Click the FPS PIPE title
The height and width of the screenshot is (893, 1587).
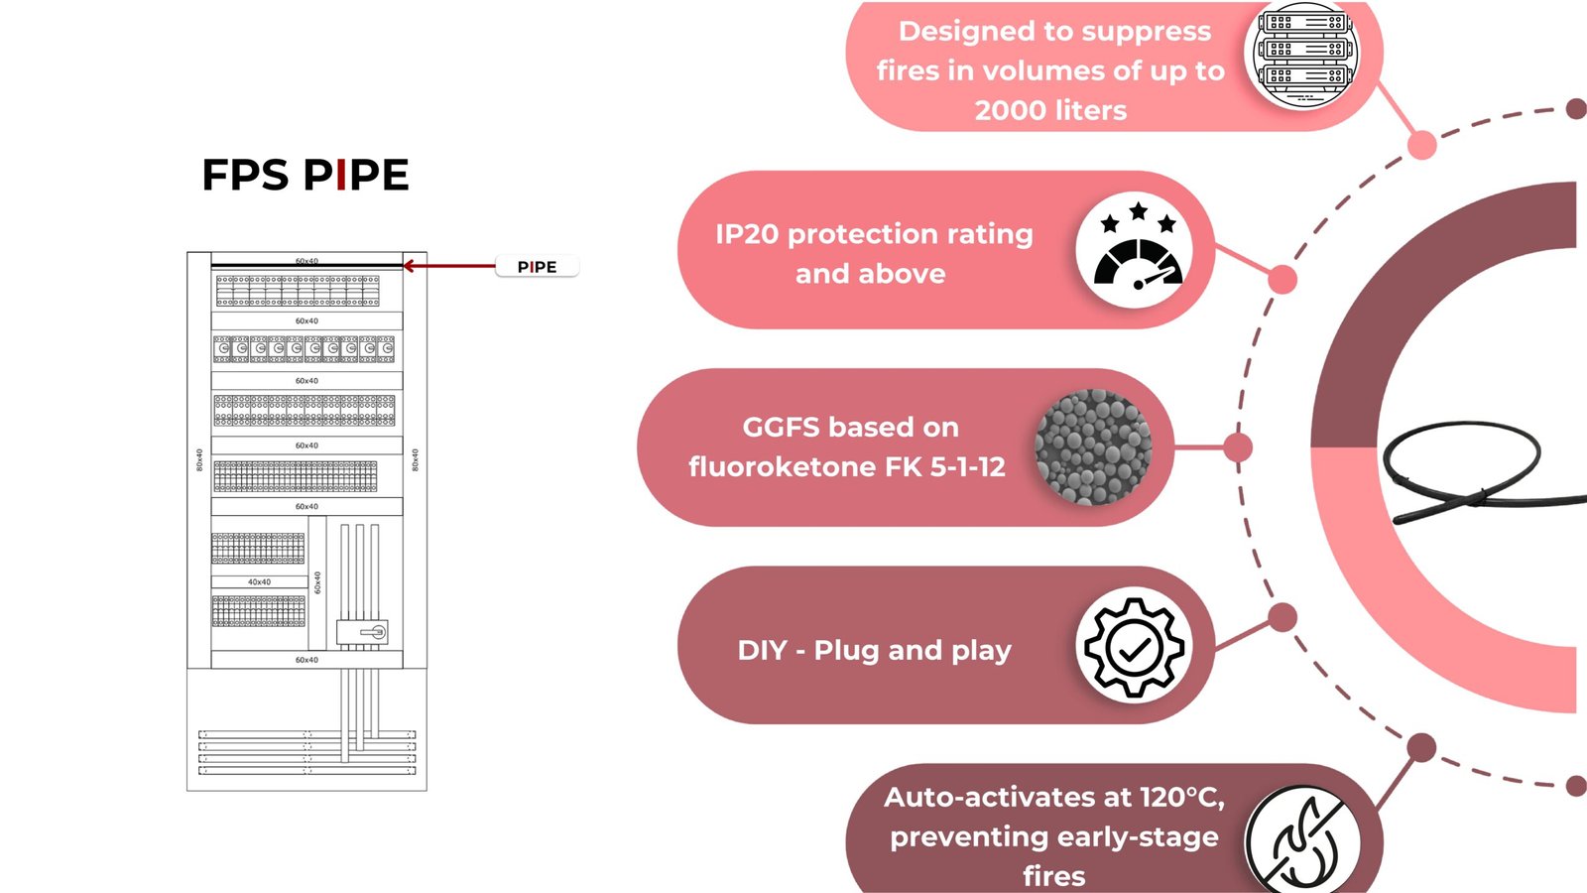click(x=305, y=175)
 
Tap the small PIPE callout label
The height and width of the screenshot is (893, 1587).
click(x=537, y=267)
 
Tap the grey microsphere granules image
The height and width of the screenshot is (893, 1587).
click(x=1093, y=447)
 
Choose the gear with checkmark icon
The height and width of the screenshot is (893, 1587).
click(x=1134, y=646)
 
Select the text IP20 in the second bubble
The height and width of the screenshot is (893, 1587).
click(x=746, y=234)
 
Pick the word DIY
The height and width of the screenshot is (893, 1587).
click(x=762, y=651)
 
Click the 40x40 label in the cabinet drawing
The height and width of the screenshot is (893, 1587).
click(x=259, y=582)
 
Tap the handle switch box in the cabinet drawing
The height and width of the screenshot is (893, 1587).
click(x=362, y=632)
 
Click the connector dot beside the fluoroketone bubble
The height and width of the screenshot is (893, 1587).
click(x=1238, y=447)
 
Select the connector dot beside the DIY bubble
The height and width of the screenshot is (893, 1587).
click(x=1282, y=617)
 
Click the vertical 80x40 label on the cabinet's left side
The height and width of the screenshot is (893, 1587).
click(x=199, y=459)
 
